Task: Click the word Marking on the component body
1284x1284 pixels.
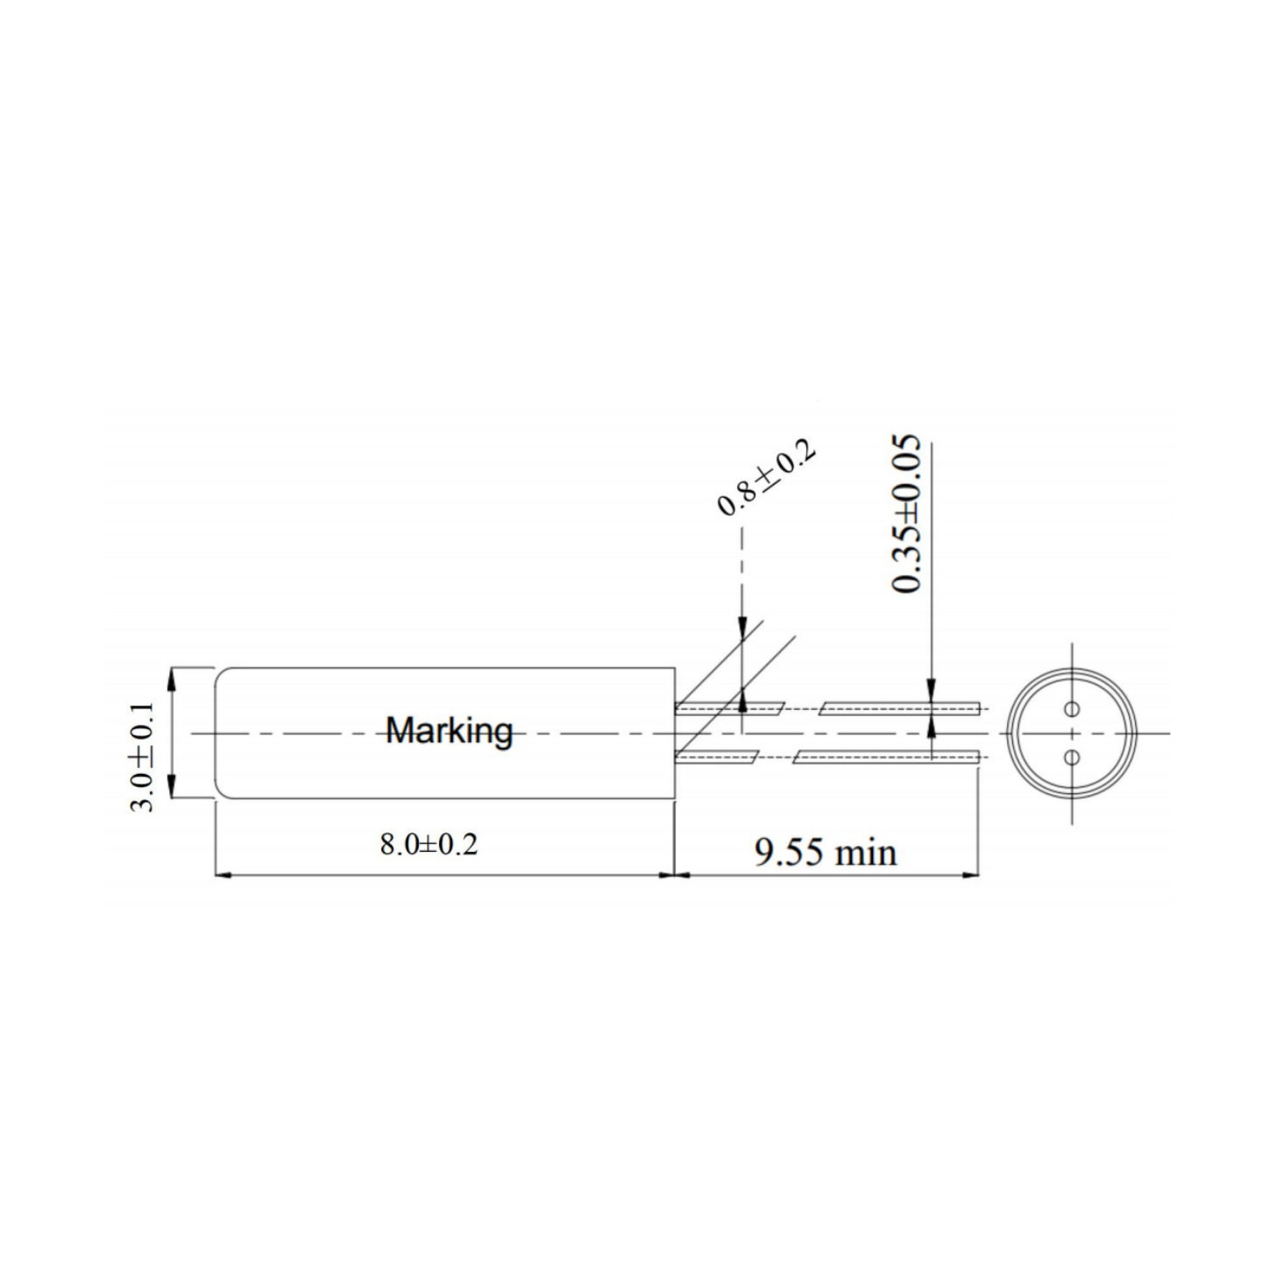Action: coord(450,731)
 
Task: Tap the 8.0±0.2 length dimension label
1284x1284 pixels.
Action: coord(429,845)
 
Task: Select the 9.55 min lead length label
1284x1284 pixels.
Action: coord(826,852)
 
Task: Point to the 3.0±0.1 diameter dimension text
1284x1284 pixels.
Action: coord(142,756)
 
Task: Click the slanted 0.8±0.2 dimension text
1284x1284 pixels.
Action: coord(767,479)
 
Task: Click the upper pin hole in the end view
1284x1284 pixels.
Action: coord(1071,708)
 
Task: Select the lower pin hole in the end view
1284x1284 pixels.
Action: coord(1071,757)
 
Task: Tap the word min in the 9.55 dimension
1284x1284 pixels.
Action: coord(865,853)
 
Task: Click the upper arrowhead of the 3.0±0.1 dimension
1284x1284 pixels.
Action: coord(172,679)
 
